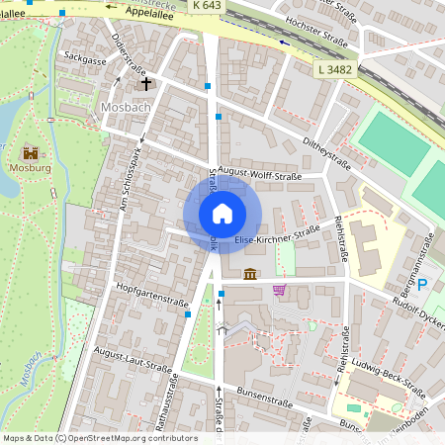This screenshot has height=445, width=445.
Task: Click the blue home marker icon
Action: point(222,213)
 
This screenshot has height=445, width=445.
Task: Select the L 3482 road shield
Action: point(336,70)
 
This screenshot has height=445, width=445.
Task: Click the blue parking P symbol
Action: point(422,285)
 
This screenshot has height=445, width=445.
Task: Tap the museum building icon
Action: point(250,273)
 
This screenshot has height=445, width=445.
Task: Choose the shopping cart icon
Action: point(280,290)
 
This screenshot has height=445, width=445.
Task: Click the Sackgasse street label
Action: point(84,59)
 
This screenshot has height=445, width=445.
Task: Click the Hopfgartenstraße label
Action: point(151,299)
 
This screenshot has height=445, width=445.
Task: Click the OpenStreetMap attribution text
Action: point(99,437)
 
